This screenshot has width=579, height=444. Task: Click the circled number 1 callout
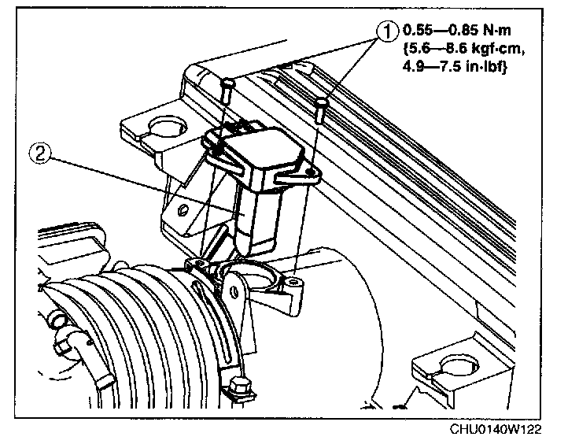pyautogui.click(x=386, y=32)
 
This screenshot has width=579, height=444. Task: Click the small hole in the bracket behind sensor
pyautogui.click(x=183, y=210)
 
